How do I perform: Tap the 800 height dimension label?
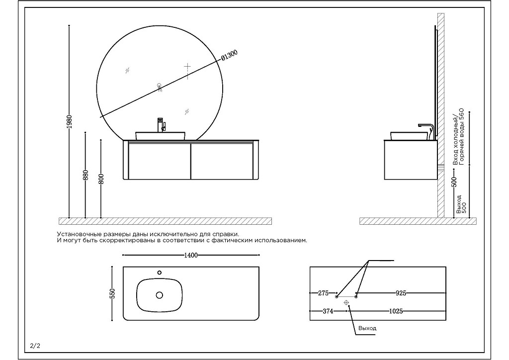(101, 179)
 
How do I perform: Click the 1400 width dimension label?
(191, 255)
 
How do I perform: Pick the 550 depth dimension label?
(112, 293)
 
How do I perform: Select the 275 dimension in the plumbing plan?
(323, 293)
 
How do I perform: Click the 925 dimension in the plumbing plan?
(401, 293)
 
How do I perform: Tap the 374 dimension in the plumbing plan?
(328, 311)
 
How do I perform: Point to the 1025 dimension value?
(396, 311)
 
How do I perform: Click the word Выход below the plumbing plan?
(367, 328)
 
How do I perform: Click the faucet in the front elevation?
(161, 124)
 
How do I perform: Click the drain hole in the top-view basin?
(160, 295)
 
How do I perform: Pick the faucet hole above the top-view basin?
(160, 272)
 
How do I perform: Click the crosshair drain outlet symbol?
(346, 302)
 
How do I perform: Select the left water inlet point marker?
(337, 297)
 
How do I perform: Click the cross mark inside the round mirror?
(187, 66)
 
